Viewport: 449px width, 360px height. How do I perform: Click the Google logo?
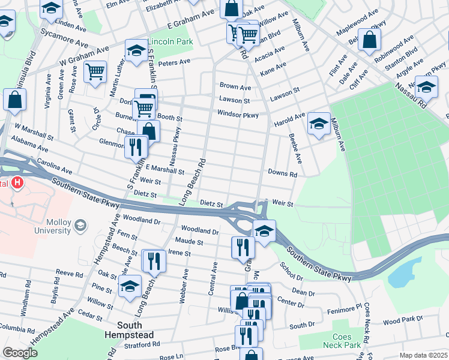pos(19,353)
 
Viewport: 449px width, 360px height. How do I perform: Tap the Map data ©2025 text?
pos(423,355)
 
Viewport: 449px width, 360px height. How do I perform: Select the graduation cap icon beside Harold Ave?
pos(318,124)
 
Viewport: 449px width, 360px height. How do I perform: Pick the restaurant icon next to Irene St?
pos(154,260)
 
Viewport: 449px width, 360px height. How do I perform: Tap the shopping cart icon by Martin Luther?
pos(95,72)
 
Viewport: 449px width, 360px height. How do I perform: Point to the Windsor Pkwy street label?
pos(238,115)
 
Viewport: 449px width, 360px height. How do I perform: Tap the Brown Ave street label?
pos(235,87)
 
